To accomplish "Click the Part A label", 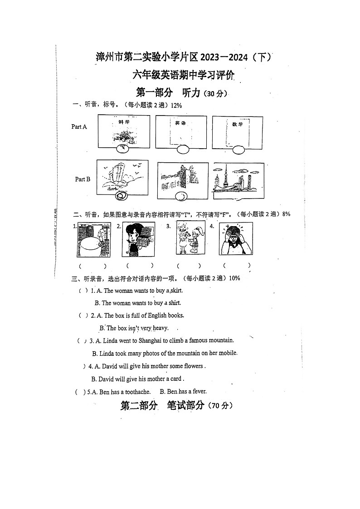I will tap(79, 127).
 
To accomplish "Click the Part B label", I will tap(83, 179).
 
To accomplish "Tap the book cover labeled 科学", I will tap(124, 131).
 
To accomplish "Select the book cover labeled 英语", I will tap(181, 131).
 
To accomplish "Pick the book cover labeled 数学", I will tap(238, 131).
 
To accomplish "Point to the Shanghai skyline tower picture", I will tap(238, 181).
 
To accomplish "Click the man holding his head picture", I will tap(236, 238).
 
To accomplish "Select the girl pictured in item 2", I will tap(138, 239).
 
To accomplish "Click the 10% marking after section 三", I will tap(234, 278).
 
